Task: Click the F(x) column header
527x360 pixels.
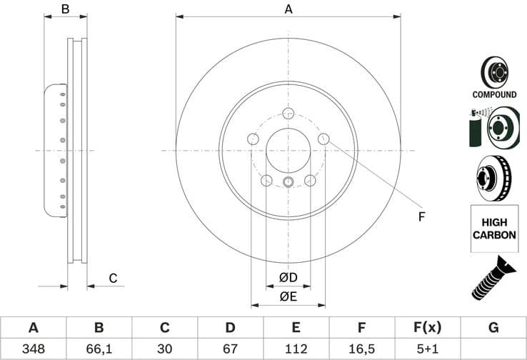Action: pos(427,328)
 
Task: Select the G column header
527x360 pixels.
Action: pos(493,328)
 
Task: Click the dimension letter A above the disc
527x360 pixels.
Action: pos(288,9)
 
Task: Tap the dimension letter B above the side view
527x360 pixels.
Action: pos(65,9)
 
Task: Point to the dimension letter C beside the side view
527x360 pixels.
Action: pos(112,278)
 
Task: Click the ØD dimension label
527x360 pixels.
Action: pos(288,277)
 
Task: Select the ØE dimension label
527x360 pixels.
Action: pos(288,294)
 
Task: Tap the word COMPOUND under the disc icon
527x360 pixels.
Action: pos(494,94)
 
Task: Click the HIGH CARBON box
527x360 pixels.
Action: pos(494,229)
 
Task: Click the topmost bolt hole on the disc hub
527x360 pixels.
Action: pos(288,113)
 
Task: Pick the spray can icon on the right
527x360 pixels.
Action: pos(475,129)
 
